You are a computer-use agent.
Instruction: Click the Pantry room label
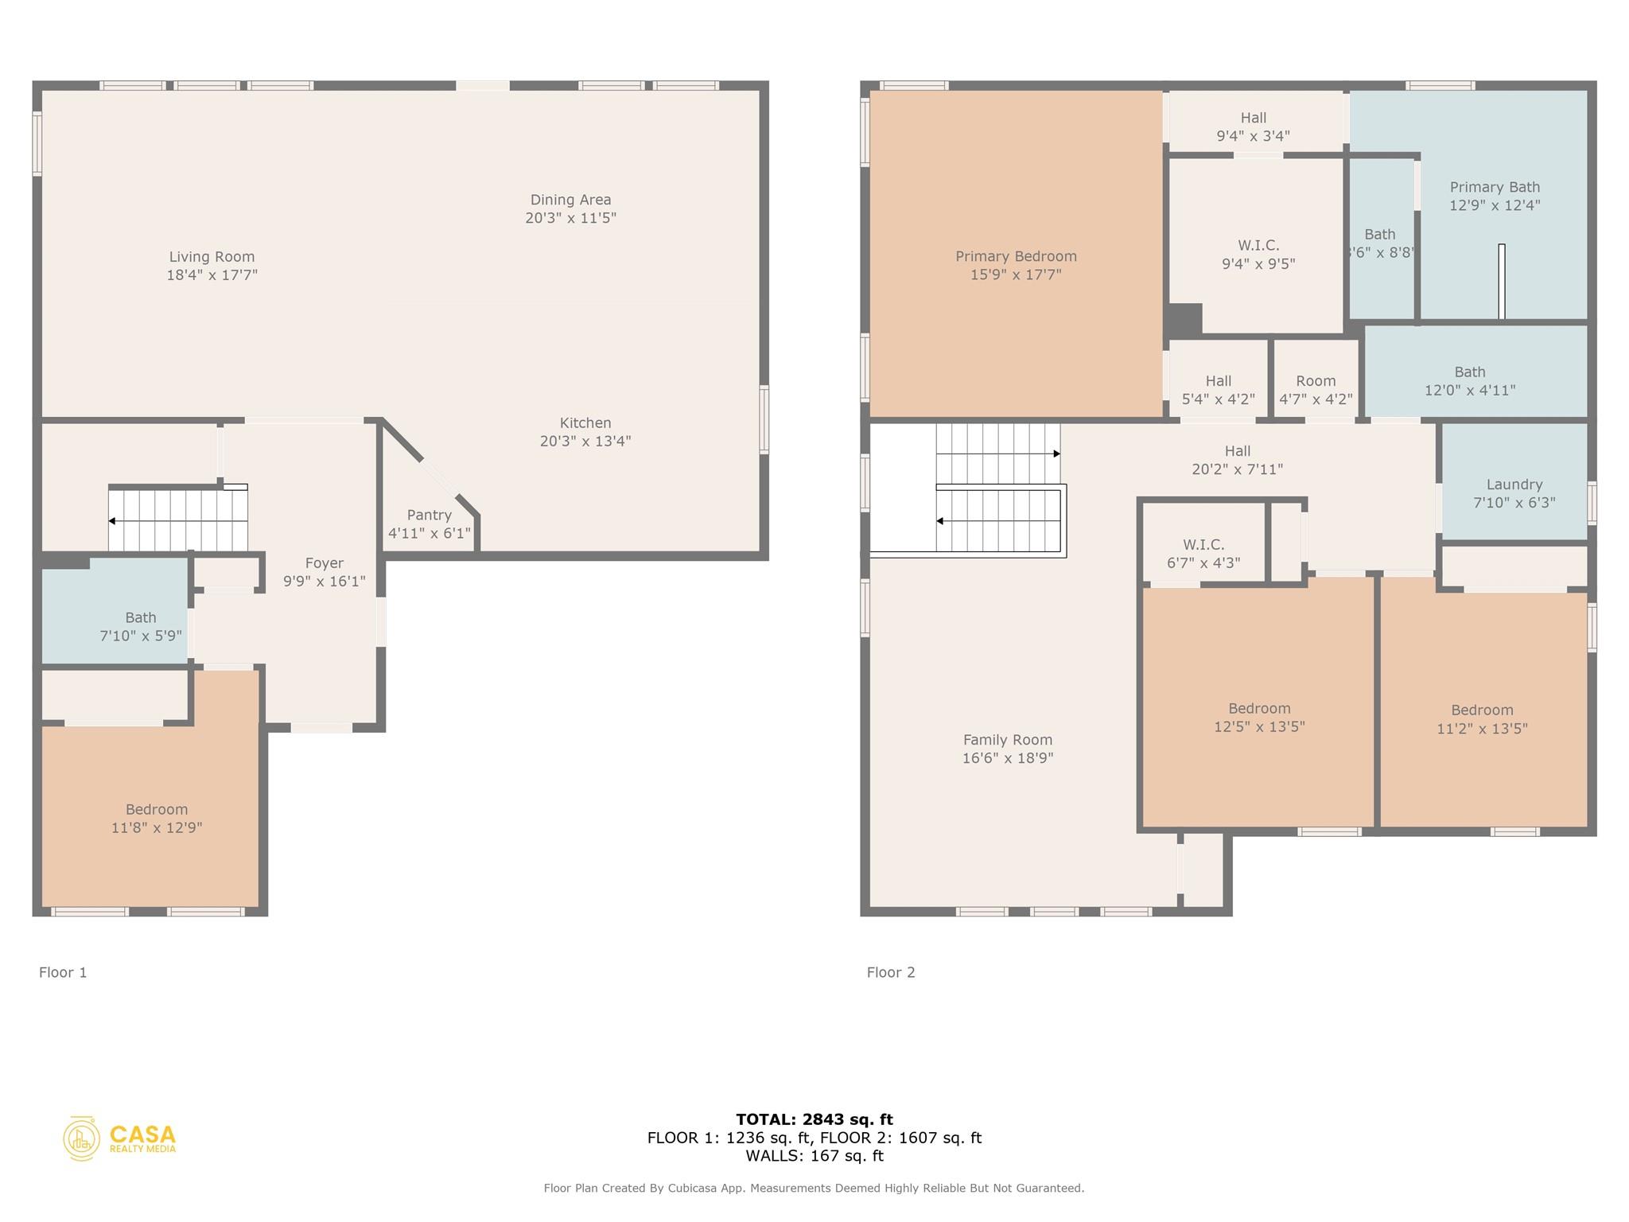tap(429, 516)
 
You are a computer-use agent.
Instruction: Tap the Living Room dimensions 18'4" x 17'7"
tap(212, 275)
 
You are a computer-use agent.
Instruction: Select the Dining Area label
tap(570, 200)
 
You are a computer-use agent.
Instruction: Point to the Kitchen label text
tap(585, 423)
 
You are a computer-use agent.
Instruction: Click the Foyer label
tap(324, 563)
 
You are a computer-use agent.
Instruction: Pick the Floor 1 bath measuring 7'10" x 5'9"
tap(141, 627)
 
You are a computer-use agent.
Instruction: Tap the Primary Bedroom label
tap(1016, 256)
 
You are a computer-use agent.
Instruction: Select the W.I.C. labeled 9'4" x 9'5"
tap(1258, 254)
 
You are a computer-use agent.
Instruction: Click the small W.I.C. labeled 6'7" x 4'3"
tap(1203, 554)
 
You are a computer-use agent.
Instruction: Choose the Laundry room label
tap(1514, 485)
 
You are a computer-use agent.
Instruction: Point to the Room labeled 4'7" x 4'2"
tap(1316, 390)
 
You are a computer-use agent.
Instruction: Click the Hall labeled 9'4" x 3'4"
tap(1253, 126)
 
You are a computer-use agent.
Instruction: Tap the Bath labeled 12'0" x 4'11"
tap(1469, 381)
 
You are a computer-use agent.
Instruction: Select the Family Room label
tap(1007, 740)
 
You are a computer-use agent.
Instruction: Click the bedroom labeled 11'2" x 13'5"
tap(1481, 719)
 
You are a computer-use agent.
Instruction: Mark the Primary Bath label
tap(1494, 187)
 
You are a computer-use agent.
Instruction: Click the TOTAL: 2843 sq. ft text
tap(814, 1119)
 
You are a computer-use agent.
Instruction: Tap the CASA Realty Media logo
tap(119, 1138)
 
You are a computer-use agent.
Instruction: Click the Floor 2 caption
tap(890, 972)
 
